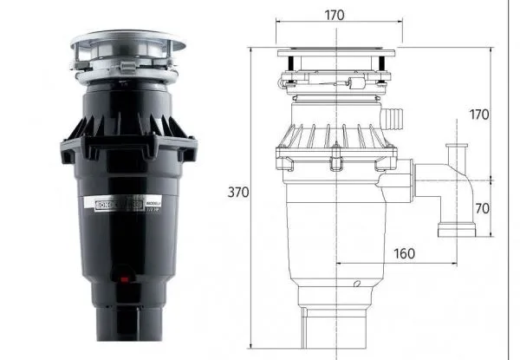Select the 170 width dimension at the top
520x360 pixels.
(336, 15)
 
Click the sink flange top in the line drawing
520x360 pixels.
(338, 55)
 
